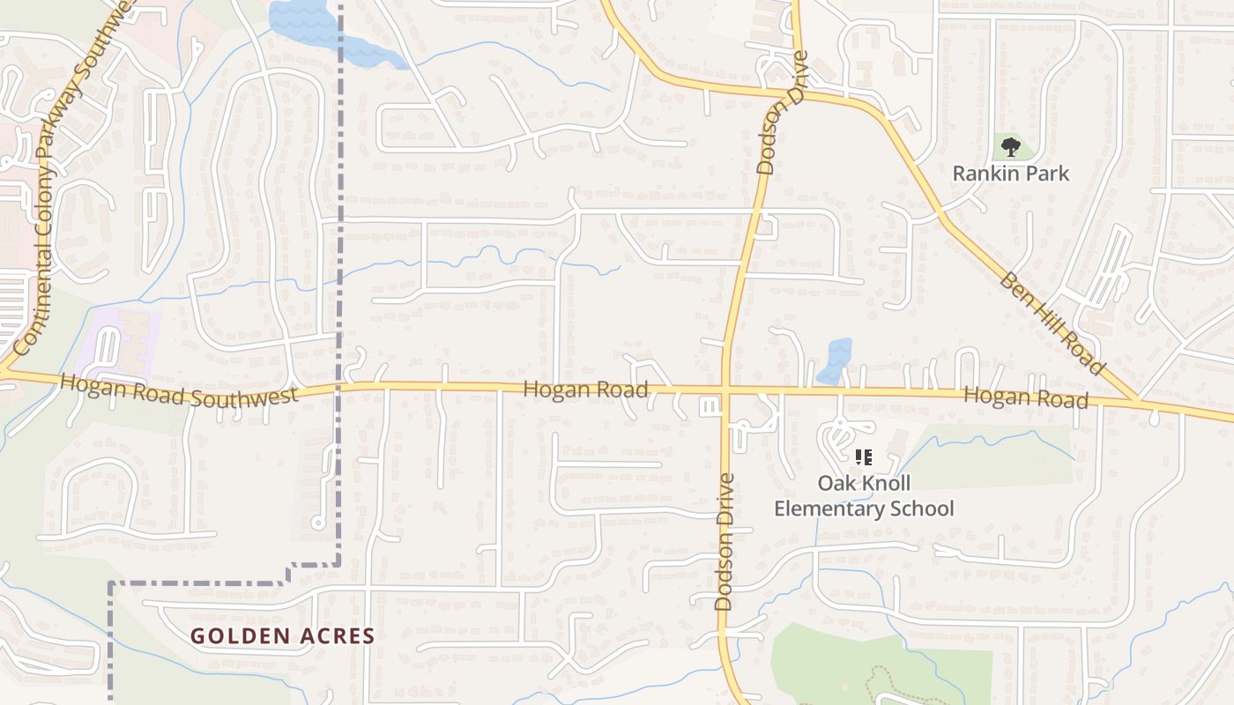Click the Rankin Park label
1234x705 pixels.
[x=1011, y=173]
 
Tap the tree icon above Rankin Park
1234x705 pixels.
[x=1011, y=146]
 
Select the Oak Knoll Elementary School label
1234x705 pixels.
[x=864, y=495]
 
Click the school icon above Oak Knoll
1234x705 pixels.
[x=864, y=457]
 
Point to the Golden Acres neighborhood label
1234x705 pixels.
[x=283, y=635]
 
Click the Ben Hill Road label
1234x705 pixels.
[x=1052, y=323]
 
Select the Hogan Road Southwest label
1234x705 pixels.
[x=180, y=390]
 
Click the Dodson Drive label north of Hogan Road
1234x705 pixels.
[x=783, y=113]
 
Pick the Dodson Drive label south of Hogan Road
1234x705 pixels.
[x=725, y=542]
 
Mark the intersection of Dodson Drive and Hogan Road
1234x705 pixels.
[x=725, y=388]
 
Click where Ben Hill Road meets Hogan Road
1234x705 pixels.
[x=1138, y=402]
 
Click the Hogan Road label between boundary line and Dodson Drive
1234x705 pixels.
[x=585, y=389]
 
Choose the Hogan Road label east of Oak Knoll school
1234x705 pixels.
[x=1026, y=397]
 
